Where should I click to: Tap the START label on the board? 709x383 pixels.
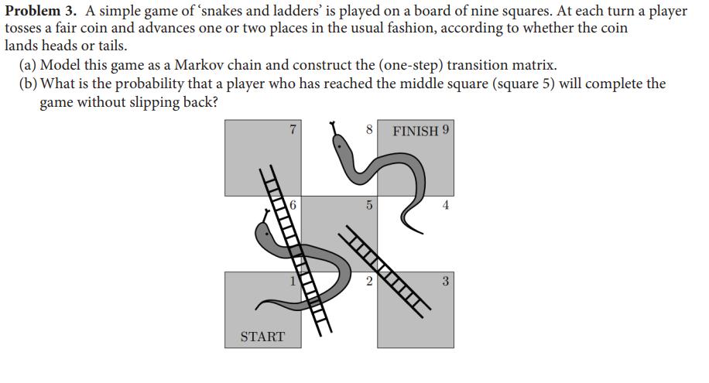[x=262, y=337]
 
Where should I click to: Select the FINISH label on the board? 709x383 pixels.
[x=416, y=131]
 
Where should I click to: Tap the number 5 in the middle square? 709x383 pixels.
[x=369, y=206]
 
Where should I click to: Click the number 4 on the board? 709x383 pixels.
[x=445, y=206]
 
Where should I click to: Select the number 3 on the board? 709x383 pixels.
[x=445, y=281]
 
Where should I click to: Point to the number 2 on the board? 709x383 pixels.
[x=369, y=281]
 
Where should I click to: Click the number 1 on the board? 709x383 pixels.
[x=293, y=281]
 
